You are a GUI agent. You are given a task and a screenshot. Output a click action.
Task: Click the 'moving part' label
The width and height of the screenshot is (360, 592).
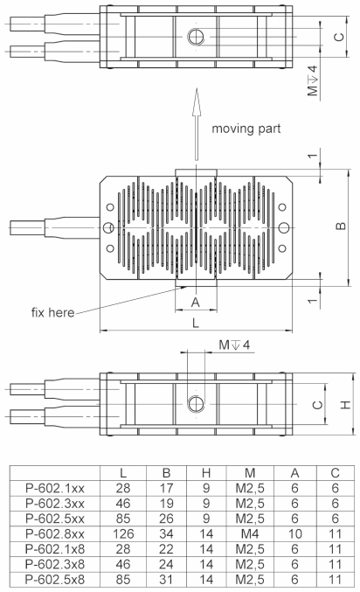tap(251, 129)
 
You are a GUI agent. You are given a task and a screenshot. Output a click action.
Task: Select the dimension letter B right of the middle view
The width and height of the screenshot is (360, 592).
tap(342, 226)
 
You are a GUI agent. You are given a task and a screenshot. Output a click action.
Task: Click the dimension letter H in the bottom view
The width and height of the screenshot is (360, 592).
tap(347, 404)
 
